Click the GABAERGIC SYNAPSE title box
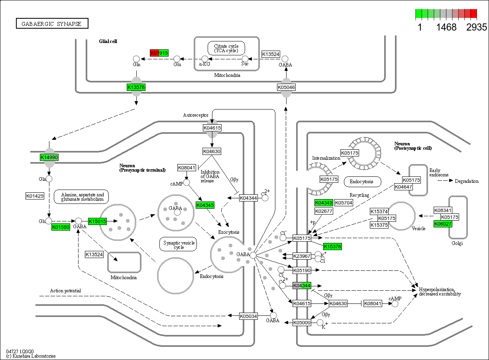coord(52,24)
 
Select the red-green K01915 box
coord(159,53)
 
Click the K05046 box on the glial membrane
coord(286,87)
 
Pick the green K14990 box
coord(49,157)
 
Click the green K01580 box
coord(61,227)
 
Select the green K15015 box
coord(97,221)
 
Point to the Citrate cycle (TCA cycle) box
coord(226,48)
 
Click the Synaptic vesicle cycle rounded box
coord(179,245)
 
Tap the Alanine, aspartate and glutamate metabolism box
coord(81,197)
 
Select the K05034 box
coord(248,316)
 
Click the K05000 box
coord(302,323)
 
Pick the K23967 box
coord(302,256)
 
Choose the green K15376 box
coord(332,247)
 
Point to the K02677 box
coord(323,211)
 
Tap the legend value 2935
coord(477,27)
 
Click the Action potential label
coord(65,291)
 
